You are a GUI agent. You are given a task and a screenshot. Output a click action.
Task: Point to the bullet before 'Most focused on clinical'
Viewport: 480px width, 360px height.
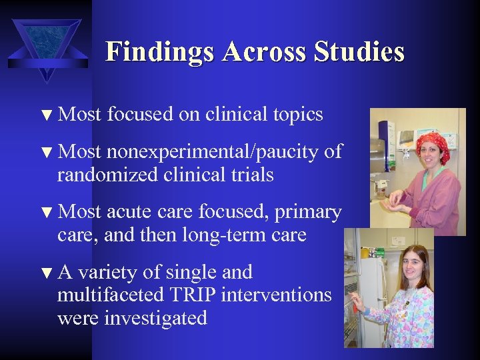click(x=45, y=116)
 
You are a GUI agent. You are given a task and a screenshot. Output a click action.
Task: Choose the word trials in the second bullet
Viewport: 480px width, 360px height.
click(x=250, y=175)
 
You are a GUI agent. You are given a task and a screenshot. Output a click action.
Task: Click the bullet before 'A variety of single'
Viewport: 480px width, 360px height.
click(x=45, y=273)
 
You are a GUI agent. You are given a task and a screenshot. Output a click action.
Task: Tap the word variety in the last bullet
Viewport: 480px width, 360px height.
click(x=109, y=272)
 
